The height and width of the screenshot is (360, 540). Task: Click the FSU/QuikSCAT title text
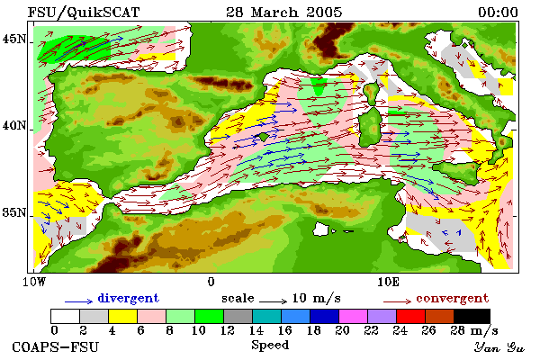point(84,13)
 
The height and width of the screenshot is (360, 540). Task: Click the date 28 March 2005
point(283,13)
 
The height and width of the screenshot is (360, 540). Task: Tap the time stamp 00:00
point(498,13)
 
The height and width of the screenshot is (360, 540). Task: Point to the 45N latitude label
point(14,40)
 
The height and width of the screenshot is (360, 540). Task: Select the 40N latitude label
point(14,125)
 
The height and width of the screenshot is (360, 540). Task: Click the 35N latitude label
point(14,212)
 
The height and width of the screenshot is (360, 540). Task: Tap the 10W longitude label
point(34,282)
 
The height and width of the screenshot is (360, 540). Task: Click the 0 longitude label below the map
point(211,282)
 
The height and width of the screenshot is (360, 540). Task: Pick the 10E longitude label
point(388,282)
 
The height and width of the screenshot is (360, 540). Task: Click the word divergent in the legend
point(128,298)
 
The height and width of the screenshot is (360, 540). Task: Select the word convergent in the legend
point(452,298)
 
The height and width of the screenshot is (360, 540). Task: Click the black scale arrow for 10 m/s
point(273,301)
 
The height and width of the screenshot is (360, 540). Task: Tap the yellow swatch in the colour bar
point(122,316)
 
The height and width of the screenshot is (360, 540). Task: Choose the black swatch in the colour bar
point(472,316)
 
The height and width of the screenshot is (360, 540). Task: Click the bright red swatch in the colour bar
point(410,316)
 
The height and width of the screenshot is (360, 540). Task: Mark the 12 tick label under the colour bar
point(228,330)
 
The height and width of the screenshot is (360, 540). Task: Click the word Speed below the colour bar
point(270,346)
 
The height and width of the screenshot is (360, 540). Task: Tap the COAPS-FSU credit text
point(55,346)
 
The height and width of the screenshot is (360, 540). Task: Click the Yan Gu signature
point(499,347)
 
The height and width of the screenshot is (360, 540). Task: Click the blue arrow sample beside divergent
point(78,301)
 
